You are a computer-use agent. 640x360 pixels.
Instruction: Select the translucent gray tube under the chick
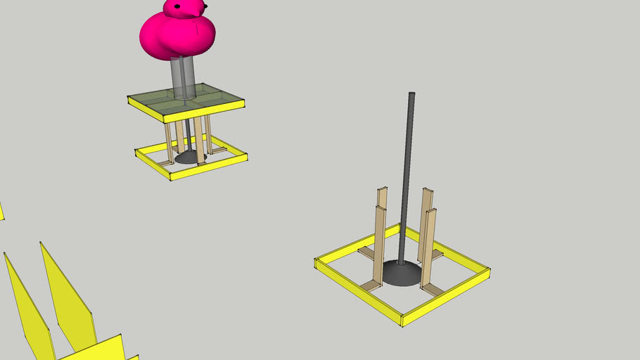tap(184, 77)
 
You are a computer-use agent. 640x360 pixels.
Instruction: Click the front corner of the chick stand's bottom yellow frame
tap(172, 175)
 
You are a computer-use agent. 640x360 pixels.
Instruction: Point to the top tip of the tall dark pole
tap(411, 94)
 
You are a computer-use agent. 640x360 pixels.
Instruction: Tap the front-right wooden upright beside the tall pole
tap(428, 246)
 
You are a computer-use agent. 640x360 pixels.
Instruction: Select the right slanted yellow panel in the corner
tap(67, 295)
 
